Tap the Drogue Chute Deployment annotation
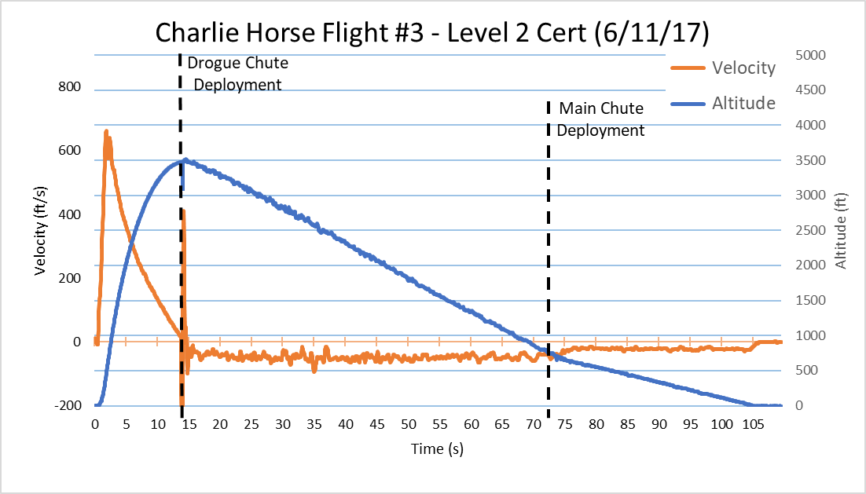pyautogui.click(x=237, y=73)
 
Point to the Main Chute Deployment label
pyautogui.click(x=600, y=119)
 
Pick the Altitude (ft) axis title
pyautogui.click(x=842, y=231)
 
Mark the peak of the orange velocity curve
pyautogui.click(x=106, y=131)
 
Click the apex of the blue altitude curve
pyautogui.click(x=185, y=159)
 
